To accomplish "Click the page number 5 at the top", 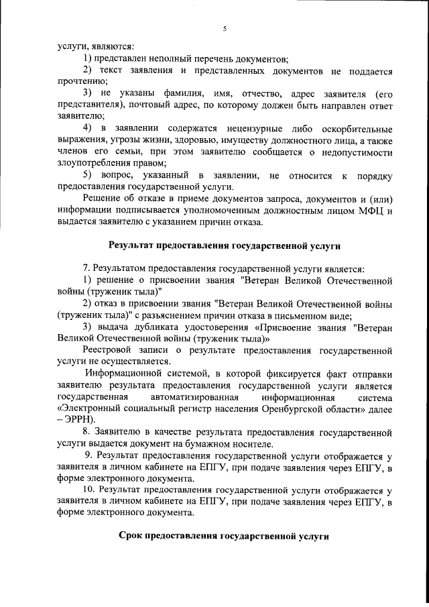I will point(225,28).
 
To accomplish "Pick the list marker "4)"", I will point(88,128).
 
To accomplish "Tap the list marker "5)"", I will point(88,175).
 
